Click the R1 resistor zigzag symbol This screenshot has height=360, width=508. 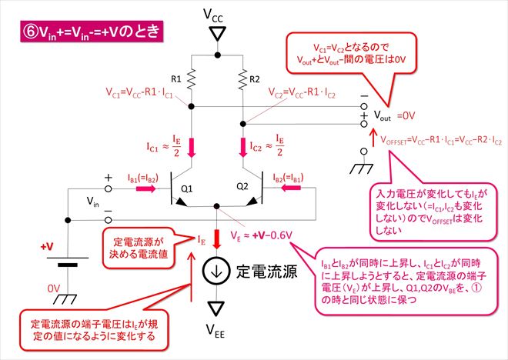point(192,78)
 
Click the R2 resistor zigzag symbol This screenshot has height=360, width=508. point(242,79)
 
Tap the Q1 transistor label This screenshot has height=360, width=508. point(186,188)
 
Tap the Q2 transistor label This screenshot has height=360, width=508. point(242,186)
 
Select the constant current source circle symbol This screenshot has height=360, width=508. point(216,271)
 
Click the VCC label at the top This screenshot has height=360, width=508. point(213,15)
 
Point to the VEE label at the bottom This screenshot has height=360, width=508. point(216,331)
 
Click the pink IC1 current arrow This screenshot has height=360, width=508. point(192,148)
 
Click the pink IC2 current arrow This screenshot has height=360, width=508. point(242,148)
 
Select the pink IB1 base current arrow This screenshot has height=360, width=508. point(146,188)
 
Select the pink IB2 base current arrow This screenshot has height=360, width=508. point(291,188)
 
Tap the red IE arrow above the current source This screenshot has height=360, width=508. point(217,239)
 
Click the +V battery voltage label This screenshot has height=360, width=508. point(47,247)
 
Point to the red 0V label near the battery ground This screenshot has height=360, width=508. point(54,288)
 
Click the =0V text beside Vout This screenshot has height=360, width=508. point(406,115)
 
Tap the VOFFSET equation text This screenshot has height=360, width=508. point(441,141)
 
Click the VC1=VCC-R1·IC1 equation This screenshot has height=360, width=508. point(139,92)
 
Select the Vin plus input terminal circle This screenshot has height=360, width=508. point(109,188)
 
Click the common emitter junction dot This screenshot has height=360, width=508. point(217,206)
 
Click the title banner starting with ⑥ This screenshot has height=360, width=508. point(92,32)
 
